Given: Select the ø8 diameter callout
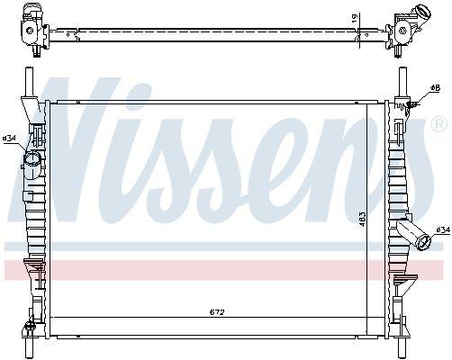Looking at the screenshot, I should (435, 88).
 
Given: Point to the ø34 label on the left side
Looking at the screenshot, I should (10, 138).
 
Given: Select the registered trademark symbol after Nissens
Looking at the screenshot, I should (438, 121).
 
